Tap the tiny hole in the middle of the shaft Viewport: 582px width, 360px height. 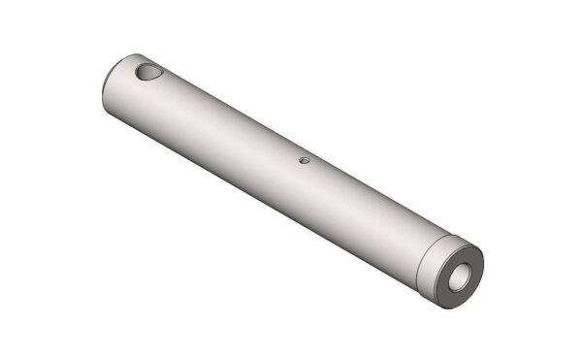tap(303, 160)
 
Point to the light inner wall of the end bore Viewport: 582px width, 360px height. tap(466, 271)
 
